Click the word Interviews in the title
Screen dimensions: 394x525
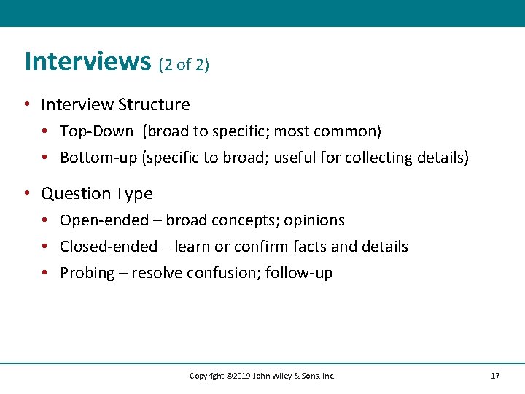[87, 61]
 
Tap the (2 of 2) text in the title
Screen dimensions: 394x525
[184, 64]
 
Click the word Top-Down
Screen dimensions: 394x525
[97, 131]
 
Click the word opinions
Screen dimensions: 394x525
[314, 220]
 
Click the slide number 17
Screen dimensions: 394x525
[495, 376]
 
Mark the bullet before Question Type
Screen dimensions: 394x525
[27, 193]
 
